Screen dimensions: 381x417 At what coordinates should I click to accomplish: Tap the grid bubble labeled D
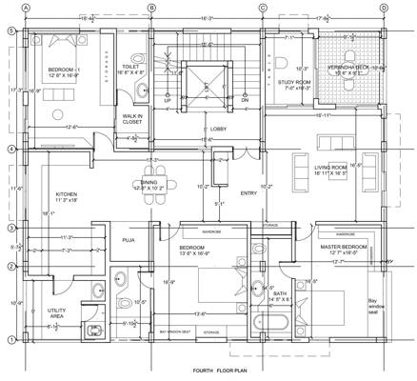[383, 9]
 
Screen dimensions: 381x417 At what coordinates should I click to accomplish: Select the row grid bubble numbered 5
[10, 31]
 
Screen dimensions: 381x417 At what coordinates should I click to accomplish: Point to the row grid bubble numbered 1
[10, 340]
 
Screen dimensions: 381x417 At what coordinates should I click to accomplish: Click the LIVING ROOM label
[333, 169]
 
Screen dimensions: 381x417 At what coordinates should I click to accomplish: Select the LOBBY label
[218, 128]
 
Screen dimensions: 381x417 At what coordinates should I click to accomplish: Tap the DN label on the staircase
[245, 98]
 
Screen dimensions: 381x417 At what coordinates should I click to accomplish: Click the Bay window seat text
[372, 310]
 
